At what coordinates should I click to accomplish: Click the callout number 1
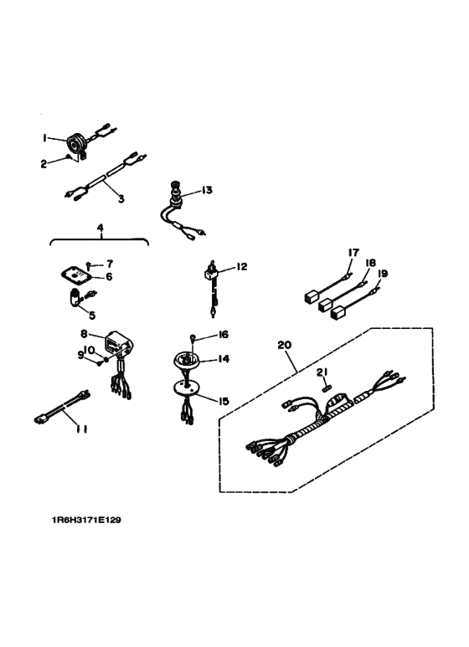coord(46,137)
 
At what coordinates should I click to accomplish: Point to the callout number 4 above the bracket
coord(100,228)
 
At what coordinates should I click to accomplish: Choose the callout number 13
coord(207,190)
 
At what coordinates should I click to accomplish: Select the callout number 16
coord(223,335)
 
